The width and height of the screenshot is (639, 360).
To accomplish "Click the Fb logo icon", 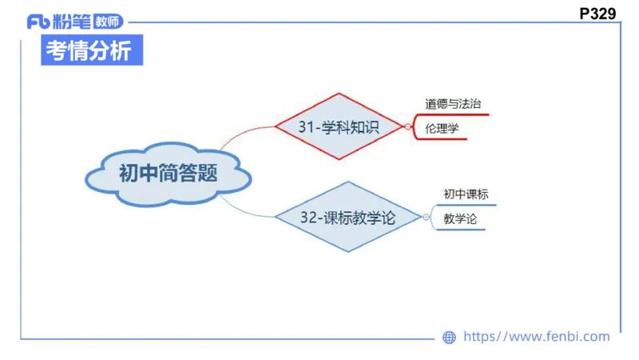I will point(38,22).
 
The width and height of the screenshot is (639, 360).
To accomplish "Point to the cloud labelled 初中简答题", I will point(168,174).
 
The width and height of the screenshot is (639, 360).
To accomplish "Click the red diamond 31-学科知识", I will point(339,126).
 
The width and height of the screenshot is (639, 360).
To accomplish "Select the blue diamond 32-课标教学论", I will point(348,217).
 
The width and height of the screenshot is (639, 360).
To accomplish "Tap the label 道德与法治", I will point(453,104).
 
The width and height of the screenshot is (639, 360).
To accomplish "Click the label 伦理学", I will point(443,128).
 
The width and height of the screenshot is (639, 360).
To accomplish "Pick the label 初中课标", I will point(466,194).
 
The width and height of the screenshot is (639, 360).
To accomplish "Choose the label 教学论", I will point(460,218).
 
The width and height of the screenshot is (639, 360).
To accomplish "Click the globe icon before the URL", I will point(449,338).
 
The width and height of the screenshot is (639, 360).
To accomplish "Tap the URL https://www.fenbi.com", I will point(536,337).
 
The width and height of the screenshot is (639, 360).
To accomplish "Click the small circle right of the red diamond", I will point(408,126).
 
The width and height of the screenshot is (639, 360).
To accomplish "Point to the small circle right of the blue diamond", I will point(427,217).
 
